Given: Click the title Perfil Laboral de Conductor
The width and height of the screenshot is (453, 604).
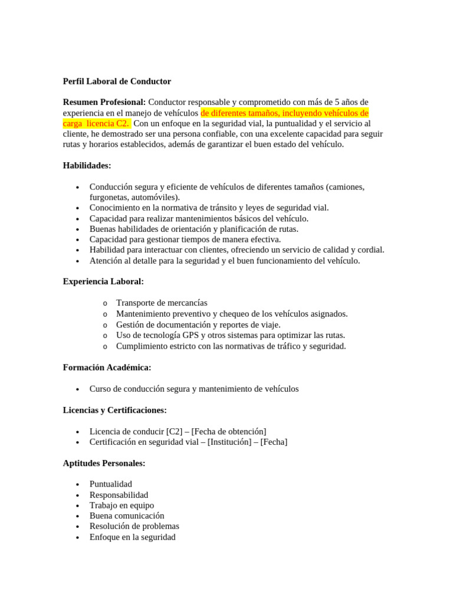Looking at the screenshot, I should [x=117, y=81].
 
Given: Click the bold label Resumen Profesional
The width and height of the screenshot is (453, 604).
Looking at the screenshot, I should [x=104, y=102].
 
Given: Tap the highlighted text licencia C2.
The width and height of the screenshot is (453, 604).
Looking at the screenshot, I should [x=107, y=123].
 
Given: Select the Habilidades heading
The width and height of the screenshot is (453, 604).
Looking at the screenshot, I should [x=87, y=166].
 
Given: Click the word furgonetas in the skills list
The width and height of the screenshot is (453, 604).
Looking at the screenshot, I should [x=109, y=197].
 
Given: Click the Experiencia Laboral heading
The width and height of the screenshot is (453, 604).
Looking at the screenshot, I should [x=103, y=281].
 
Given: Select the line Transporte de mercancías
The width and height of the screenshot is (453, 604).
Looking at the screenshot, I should [x=162, y=303].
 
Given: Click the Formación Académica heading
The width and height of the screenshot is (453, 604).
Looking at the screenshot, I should [x=107, y=367].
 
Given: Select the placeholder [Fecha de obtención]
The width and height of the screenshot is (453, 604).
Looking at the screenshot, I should [x=229, y=431].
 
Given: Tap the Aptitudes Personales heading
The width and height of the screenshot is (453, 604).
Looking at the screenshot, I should [x=104, y=463].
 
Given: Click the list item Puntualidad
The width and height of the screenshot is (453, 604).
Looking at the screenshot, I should [x=111, y=484].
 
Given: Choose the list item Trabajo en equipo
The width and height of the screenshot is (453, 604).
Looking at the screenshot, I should [x=122, y=505].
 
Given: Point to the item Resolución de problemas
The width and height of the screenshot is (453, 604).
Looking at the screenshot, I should [x=134, y=526].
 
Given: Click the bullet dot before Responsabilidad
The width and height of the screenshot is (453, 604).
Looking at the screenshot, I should [x=78, y=495].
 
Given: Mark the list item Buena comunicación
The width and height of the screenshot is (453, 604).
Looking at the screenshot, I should [x=127, y=516].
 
